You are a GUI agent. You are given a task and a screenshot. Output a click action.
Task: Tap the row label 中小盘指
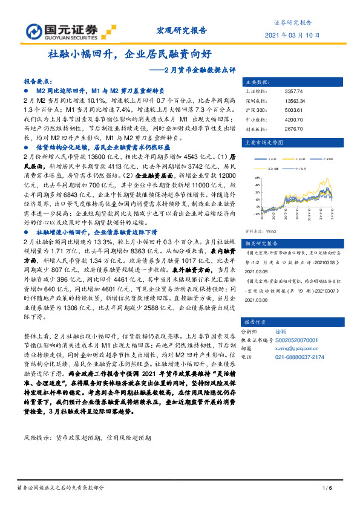pyautogui.click(x=254, y=122)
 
